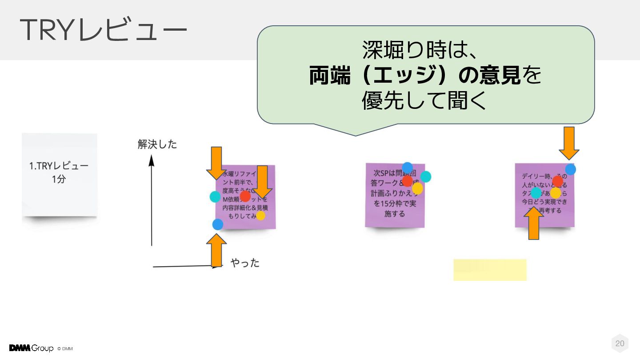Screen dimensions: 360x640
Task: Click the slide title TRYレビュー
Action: [103, 30]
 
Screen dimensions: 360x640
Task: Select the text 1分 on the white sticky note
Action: [59, 180]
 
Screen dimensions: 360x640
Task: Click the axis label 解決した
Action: [157, 144]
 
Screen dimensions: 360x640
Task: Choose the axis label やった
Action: [245, 263]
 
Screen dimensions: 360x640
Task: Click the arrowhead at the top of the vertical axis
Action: [151, 160]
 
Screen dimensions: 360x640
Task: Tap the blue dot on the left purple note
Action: [218, 224]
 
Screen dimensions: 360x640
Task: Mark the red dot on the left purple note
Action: [245, 196]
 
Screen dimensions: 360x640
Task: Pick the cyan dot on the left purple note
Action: [215, 197]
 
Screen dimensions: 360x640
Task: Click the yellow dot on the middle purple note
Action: [417, 189]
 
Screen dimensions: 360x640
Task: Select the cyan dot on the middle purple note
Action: [426, 177]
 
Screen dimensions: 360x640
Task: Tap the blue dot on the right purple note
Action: [571, 169]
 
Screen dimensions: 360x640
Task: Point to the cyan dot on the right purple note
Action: [536, 193]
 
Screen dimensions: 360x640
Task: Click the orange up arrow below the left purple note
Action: [216, 250]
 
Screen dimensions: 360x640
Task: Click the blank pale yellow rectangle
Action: [490, 270]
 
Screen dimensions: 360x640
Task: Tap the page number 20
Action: [620, 343]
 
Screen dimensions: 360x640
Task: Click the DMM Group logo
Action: [31, 348]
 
